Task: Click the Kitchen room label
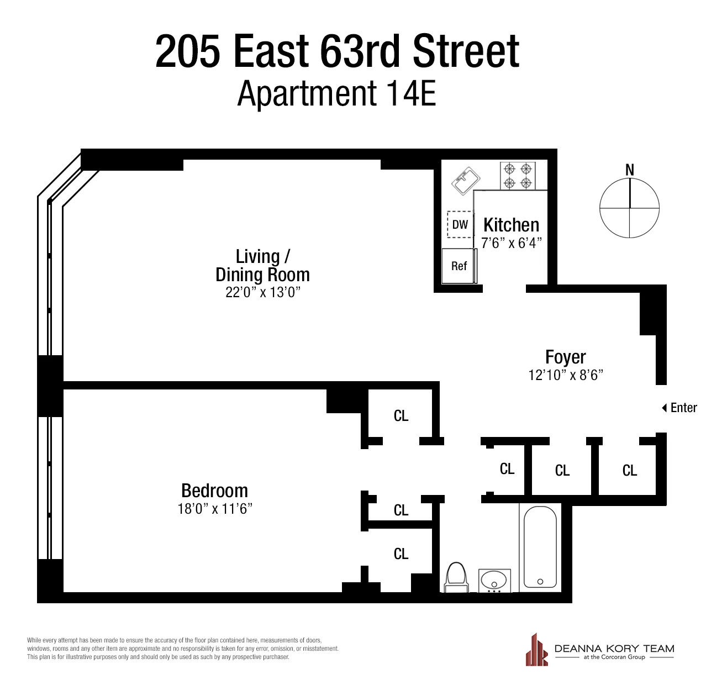[x=511, y=225]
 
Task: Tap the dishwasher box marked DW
[x=460, y=224]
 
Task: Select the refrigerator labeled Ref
[x=459, y=266]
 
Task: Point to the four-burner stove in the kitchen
[x=518, y=175]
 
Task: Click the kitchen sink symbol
[x=466, y=181]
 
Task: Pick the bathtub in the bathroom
[x=540, y=547]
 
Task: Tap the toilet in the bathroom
[x=456, y=577]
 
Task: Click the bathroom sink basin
[x=494, y=581]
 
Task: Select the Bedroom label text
[x=214, y=491]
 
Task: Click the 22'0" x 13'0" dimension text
[x=262, y=292]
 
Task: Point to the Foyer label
[x=565, y=357]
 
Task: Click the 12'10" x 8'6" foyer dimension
[x=565, y=375]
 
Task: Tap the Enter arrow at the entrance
[x=665, y=408]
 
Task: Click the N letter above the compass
[x=630, y=170]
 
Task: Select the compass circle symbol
[x=630, y=208]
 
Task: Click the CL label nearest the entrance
[x=630, y=470]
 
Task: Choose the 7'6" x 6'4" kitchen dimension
[x=511, y=243]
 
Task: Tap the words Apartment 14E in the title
[x=337, y=94]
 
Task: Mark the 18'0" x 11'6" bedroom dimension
[x=214, y=509]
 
